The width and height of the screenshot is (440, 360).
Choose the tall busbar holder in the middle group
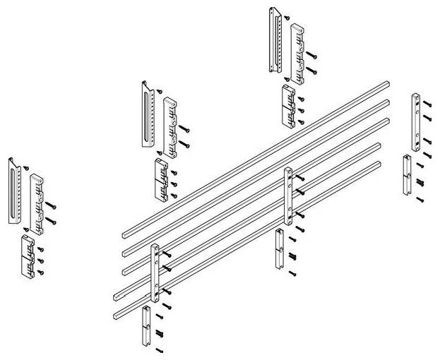(170, 126)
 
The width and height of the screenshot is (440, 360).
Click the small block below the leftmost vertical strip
(146, 326)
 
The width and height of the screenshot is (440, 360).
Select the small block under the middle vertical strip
(280, 248)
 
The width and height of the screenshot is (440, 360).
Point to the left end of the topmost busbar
(125, 234)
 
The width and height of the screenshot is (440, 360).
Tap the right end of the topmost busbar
(385, 84)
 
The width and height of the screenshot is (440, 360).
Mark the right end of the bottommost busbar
(379, 164)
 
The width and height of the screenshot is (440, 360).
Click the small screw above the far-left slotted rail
(25, 167)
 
